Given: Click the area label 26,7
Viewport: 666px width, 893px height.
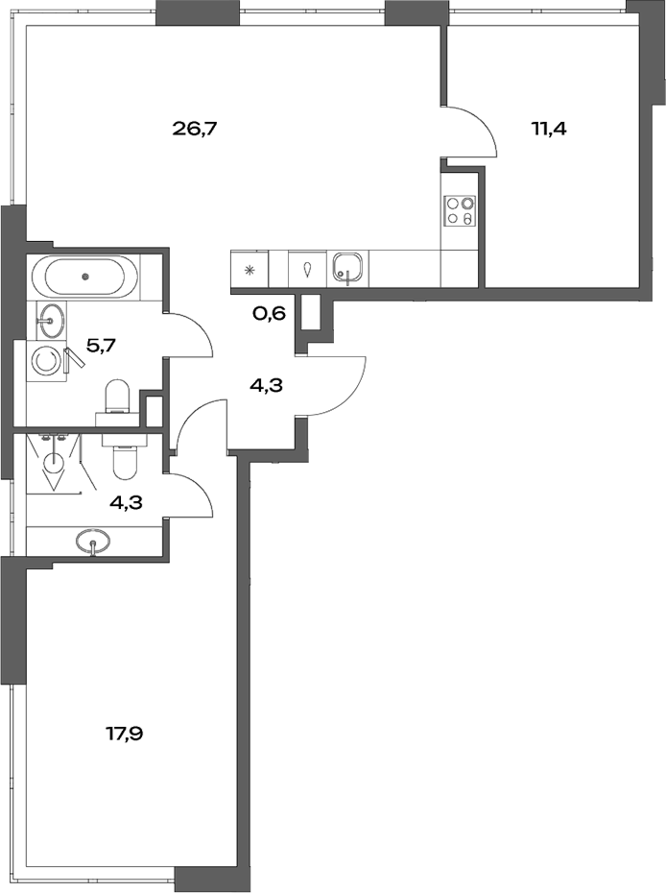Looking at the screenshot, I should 196,127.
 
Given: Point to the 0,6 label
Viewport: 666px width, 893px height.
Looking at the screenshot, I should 270,313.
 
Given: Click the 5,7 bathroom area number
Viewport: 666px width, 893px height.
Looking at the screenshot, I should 101,345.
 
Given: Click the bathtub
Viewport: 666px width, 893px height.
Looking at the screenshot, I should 85,277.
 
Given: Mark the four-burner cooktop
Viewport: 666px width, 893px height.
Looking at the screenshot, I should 458,210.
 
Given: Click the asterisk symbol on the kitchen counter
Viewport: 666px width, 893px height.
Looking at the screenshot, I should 250,270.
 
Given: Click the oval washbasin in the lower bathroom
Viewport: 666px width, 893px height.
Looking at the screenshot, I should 93,542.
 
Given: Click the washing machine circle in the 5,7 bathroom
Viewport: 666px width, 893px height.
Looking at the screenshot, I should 45,361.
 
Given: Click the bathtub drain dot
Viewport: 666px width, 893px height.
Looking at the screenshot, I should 85,277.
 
